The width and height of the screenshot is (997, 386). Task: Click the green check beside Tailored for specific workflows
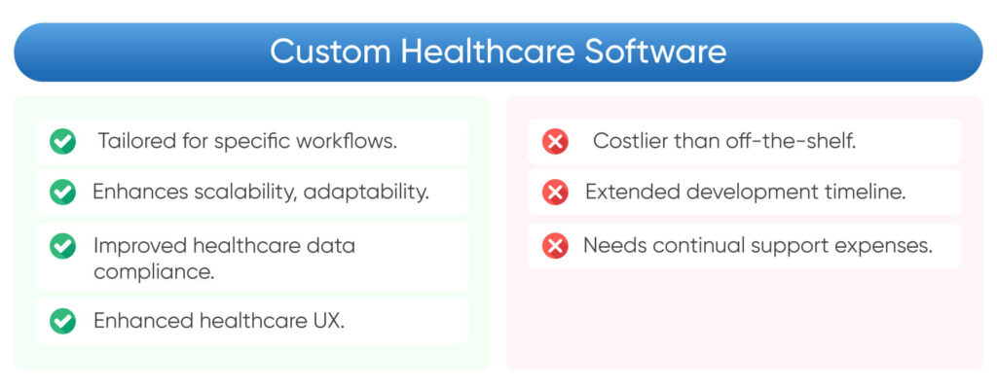coord(63,142)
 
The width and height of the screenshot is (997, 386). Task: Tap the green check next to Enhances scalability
coord(63,193)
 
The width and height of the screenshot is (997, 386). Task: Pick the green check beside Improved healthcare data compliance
coord(63,247)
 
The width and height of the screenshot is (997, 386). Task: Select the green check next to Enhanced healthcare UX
coord(63,321)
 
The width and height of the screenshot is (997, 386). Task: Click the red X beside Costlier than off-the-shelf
coord(555,142)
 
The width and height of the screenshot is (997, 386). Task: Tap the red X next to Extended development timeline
coord(555,193)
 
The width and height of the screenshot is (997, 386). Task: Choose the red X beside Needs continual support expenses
coord(555,247)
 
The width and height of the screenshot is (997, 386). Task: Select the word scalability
coord(243,193)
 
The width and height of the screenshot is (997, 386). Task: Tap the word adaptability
coord(366,193)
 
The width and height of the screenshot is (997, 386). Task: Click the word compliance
coord(153,271)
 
